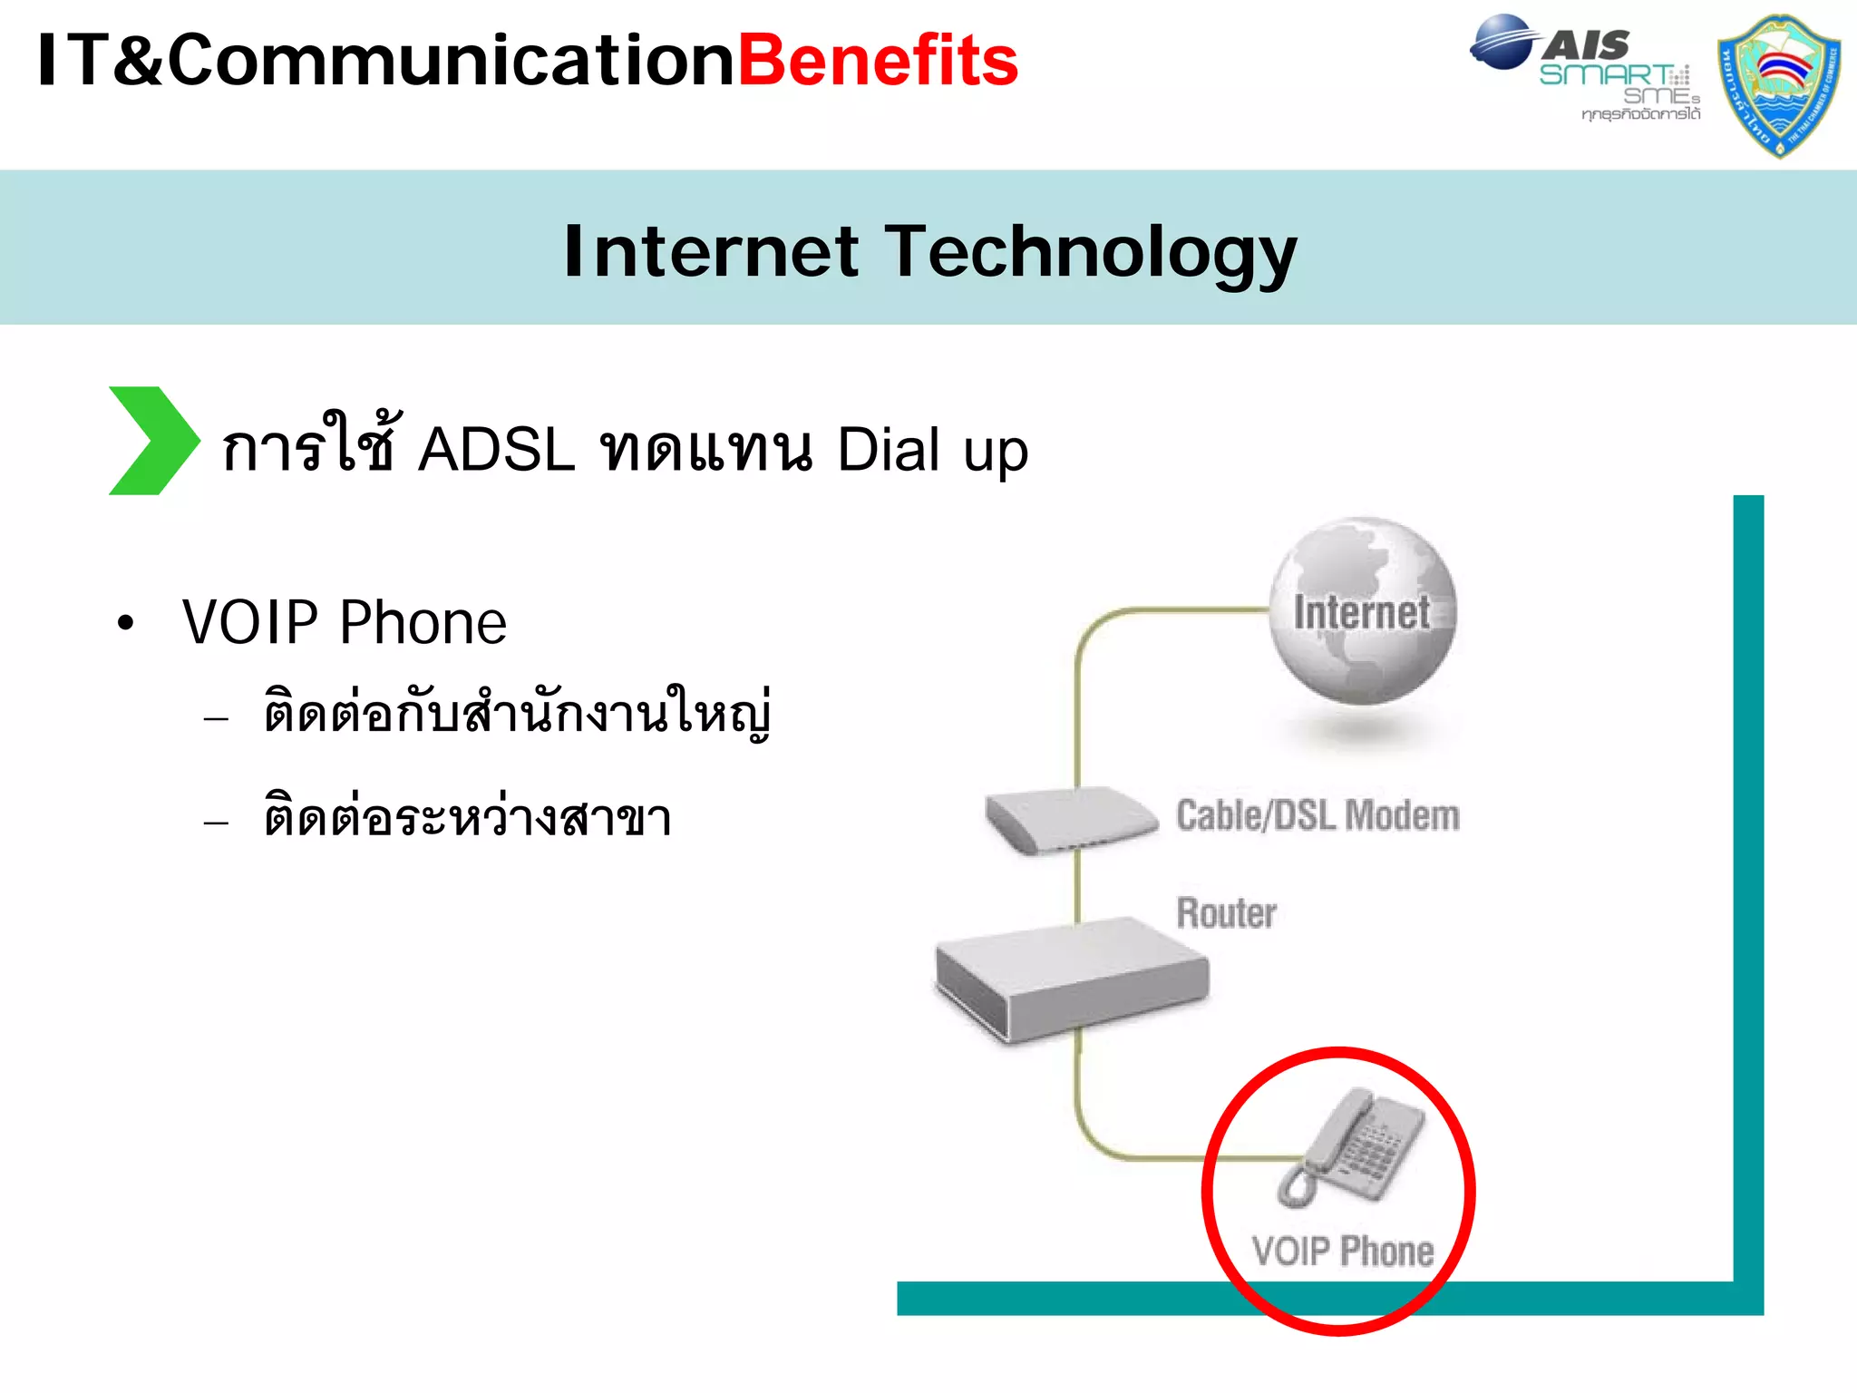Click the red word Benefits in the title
(878, 61)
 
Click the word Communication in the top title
(451, 61)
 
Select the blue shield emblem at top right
(1779, 84)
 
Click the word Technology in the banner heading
(1091, 252)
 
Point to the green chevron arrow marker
(152, 441)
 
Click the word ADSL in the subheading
(496, 449)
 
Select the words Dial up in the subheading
(932, 450)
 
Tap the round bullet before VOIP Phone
(125, 624)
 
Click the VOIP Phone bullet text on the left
(344, 623)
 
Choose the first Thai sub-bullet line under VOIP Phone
(517, 713)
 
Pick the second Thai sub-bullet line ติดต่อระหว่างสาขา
(467, 817)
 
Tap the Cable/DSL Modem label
(1317, 815)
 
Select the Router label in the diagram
(1226, 912)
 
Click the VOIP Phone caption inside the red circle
(1342, 1252)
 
